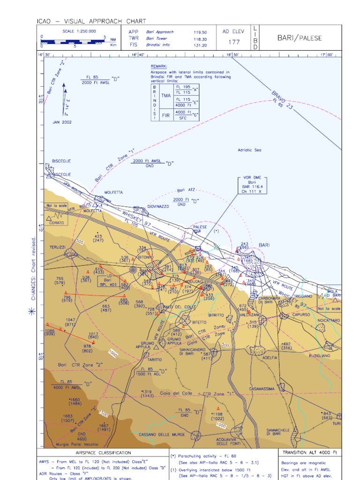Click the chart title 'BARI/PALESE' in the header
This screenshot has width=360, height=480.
pyautogui.click(x=300, y=38)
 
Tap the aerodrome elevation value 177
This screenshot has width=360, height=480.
pyautogui.click(x=234, y=42)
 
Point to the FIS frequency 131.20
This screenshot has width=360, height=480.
pyautogui.click(x=200, y=45)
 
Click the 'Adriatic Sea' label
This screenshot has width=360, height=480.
pyautogui.click(x=249, y=150)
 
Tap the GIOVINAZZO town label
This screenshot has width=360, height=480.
pyautogui.click(x=158, y=206)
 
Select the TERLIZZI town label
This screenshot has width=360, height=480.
pyautogui.click(x=58, y=247)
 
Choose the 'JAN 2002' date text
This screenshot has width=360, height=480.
pyautogui.click(x=62, y=122)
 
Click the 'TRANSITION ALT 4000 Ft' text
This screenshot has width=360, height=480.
pyautogui.click(x=309, y=453)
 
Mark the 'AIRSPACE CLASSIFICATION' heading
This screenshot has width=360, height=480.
pyautogui.click(x=103, y=453)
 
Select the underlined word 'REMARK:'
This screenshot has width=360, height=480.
pyautogui.click(x=159, y=67)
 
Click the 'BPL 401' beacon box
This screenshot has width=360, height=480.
pyautogui.click(x=107, y=284)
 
